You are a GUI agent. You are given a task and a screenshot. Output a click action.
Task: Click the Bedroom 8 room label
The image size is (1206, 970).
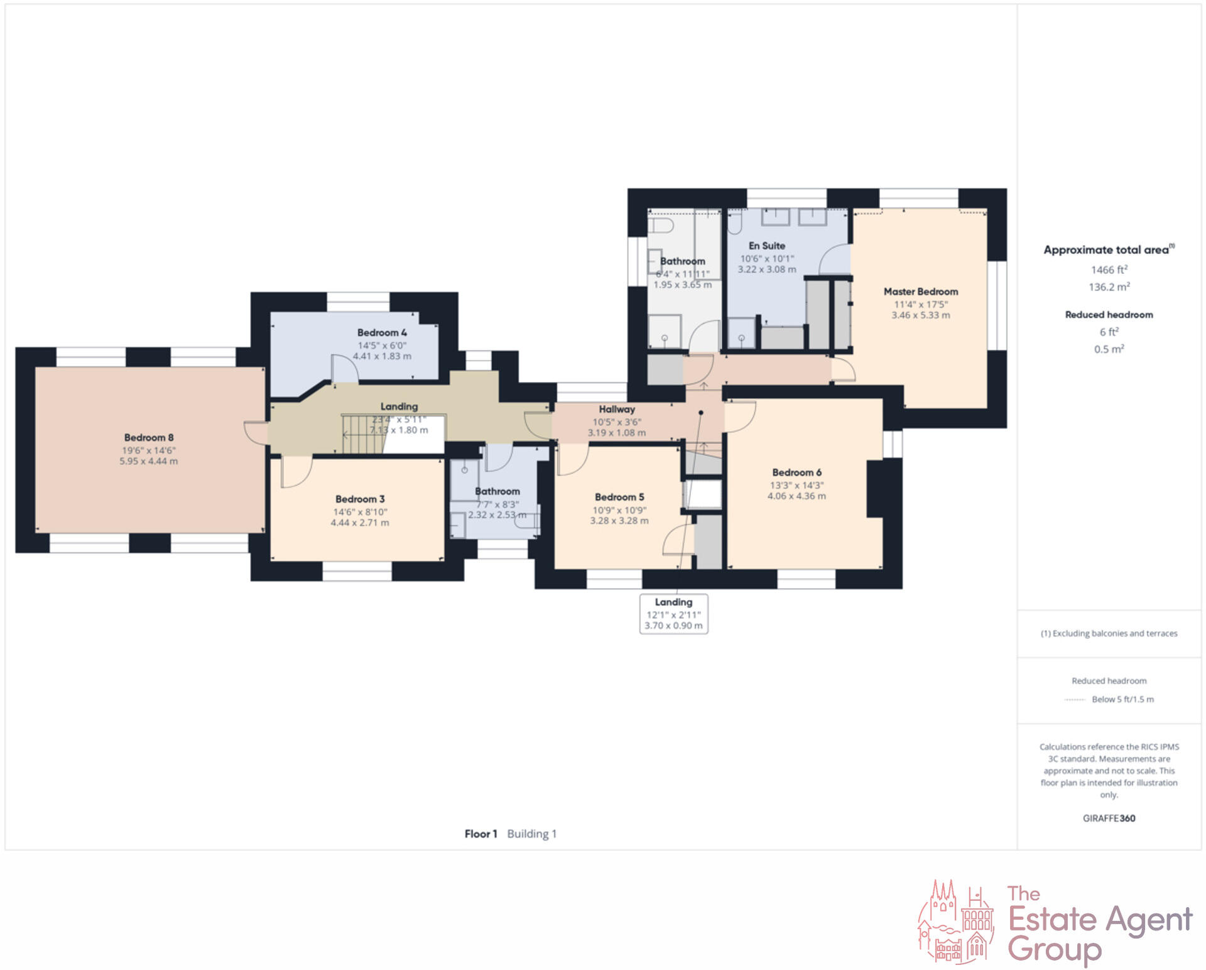tap(149, 437)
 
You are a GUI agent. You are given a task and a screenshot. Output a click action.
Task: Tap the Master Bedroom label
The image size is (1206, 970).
tap(921, 292)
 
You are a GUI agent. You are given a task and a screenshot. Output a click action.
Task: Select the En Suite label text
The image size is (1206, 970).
tap(766, 246)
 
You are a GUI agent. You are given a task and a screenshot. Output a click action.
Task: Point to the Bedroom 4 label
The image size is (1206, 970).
tap(382, 332)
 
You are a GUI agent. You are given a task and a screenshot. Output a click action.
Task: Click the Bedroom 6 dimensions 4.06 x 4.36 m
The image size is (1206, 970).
tap(796, 496)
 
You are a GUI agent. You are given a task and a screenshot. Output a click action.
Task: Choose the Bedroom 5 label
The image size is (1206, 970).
tap(619, 497)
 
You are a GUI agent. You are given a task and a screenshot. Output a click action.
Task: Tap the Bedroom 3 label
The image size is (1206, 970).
tap(360, 499)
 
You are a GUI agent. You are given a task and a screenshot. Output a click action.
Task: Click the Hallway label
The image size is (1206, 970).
tap(617, 409)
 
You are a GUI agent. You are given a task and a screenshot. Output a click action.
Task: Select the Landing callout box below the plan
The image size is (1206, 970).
tap(673, 613)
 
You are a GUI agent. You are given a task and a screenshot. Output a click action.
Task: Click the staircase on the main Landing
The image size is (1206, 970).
tap(363, 433)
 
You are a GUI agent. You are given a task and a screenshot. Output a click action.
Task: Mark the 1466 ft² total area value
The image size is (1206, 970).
tap(1109, 270)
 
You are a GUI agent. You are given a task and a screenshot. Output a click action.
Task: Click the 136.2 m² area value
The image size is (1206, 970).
tap(1109, 287)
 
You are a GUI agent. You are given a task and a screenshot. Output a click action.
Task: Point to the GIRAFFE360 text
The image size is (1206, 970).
tap(1109, 818)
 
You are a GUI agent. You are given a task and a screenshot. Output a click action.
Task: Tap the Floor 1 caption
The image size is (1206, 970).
tap(481, 834)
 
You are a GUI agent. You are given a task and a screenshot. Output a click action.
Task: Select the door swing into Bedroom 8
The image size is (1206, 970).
tap(256, 432)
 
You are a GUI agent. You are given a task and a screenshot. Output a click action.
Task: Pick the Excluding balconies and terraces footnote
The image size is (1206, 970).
tap(1109, 633)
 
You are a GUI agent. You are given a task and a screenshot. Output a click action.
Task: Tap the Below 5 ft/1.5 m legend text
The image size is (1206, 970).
tap(1122, 699)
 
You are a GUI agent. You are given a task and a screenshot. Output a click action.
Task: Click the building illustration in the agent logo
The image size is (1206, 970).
tap(955, 922)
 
